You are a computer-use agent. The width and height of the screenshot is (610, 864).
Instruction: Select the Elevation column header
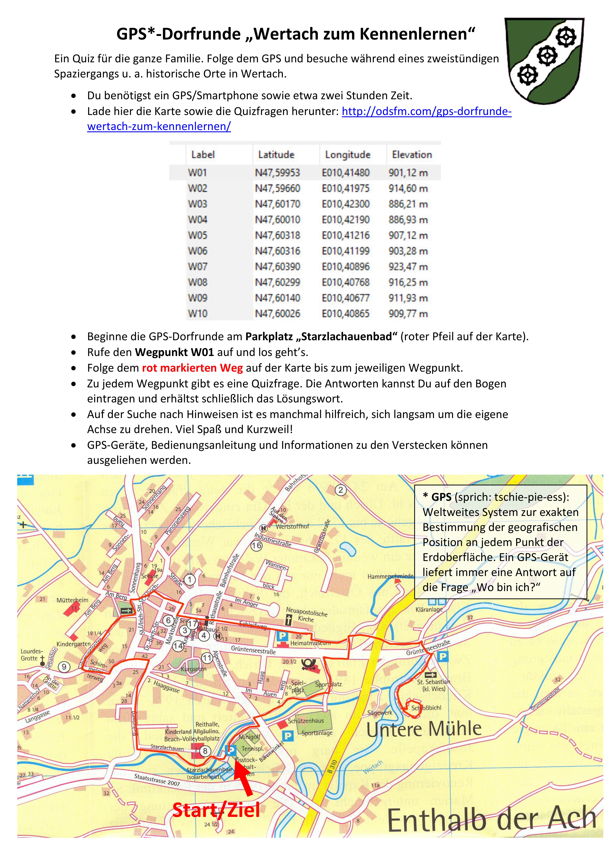coord(412,155)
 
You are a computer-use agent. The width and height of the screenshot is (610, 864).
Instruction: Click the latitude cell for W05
coord(278,236)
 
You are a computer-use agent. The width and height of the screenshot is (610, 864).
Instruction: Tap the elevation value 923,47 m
coord(408,267)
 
